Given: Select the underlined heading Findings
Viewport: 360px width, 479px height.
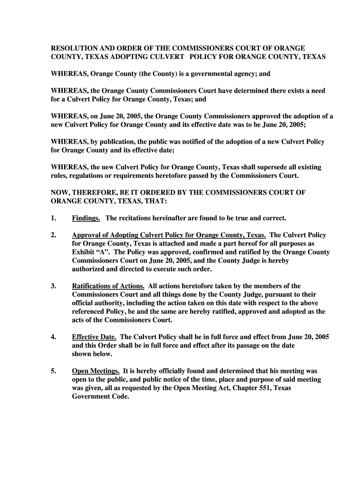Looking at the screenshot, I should point(86,218).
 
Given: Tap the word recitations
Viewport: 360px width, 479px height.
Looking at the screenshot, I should point(139,218).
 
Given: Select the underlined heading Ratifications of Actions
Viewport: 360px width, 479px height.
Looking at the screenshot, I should point(108,286).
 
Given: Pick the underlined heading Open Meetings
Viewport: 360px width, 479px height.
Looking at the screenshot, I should point(95,371).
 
